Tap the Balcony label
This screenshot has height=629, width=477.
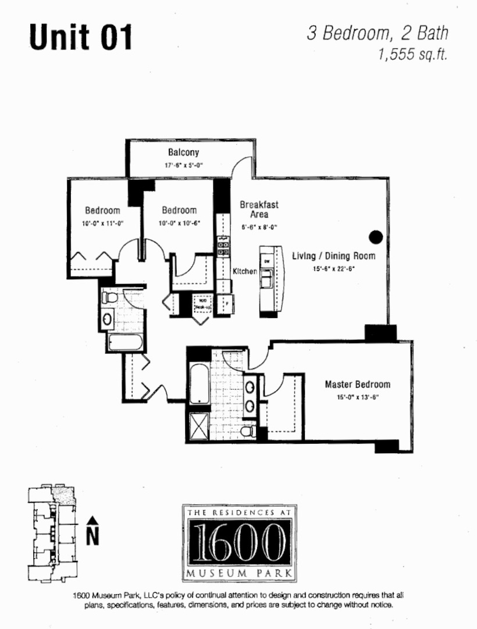click(184, 153)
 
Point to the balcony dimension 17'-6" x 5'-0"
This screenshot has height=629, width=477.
click(184, 165)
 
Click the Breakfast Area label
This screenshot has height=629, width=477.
click(259, 209)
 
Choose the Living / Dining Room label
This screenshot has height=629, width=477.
click(334, 256)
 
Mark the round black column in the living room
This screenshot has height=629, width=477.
click(376, 236)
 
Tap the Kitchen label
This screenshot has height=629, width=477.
click(245, 271)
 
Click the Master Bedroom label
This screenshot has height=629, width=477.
click(357, 384)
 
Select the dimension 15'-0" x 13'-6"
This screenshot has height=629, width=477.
click(357, 397)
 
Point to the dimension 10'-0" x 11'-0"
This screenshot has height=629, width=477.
click(102, 223)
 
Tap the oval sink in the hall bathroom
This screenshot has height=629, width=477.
click(108, 319)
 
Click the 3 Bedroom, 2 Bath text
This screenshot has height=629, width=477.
click(378, 33)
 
